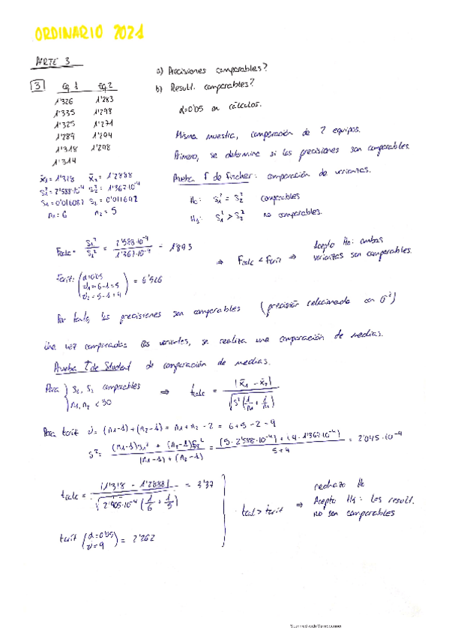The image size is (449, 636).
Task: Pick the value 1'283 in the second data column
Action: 104,100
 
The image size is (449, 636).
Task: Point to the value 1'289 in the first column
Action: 66,136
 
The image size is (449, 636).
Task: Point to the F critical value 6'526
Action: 151,278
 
